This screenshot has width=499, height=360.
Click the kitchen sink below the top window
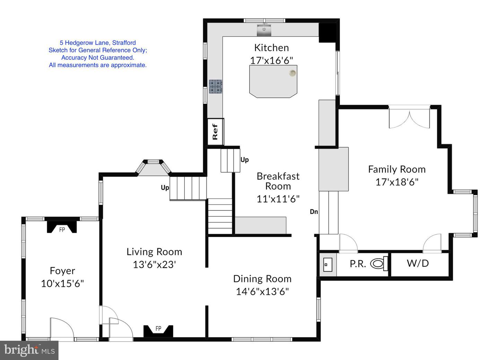point(264,30)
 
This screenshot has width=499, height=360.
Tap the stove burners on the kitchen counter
point(216,86)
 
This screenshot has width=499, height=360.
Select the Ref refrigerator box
point(216,132)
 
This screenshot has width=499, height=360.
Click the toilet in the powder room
point(379,264)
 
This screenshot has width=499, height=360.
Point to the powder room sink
point(328,265)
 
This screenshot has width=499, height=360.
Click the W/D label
point(418,263)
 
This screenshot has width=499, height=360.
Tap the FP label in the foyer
point(62,230)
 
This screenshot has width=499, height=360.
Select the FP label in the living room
point(158,328)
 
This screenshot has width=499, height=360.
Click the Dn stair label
point(314,212)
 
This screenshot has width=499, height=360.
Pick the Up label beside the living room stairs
point(165,188)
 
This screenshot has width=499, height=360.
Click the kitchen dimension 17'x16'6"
point(271,60)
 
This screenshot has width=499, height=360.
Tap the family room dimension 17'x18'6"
point(397,182)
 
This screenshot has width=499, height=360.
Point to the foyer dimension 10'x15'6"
point(62,283)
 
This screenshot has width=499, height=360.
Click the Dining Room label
point(262,279)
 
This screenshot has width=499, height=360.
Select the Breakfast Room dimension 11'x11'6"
point(278,199)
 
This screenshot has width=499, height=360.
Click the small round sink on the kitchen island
point(292,73)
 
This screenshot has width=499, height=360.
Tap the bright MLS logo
point(29,350)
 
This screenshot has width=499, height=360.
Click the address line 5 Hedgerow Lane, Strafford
point(98,43)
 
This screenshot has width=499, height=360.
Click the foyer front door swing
point(62,329)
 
